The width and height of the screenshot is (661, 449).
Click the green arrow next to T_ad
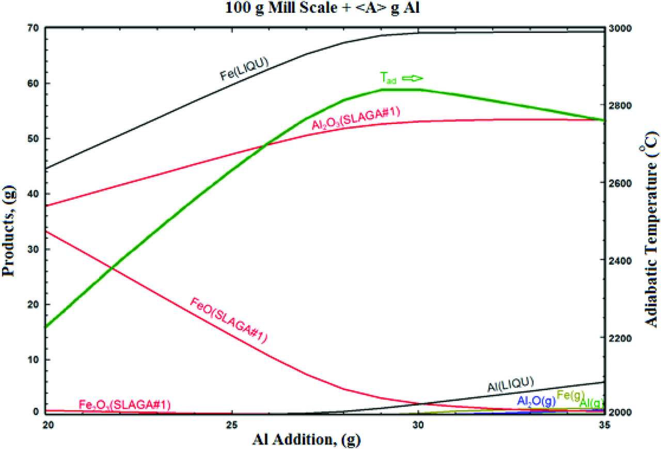click(x=413, y=78)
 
